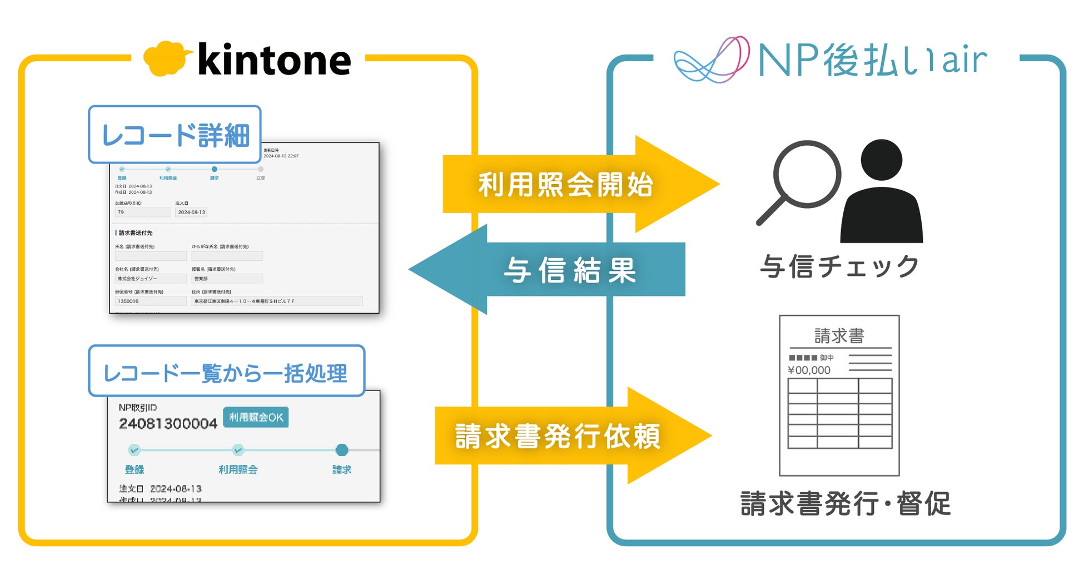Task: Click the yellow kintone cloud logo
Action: pyautogui.click(x=166, y=58)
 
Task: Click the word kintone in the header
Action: pyautogui.click(x=274, y=60)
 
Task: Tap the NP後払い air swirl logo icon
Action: pyautogui.click(x=712, y=60)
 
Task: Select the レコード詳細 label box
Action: pyautogui.click(x=175, y=135)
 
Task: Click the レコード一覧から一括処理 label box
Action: pyautogui.click(x=226, y=372)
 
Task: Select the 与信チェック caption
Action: pyautogui.click(x=839, y=267)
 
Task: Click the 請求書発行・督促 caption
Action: pyautogui.click(x=845, y=504)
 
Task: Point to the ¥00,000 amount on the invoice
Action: pyautogui.click(x=809, y=370)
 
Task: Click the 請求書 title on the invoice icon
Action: pyautogui.click(x=839, y=336)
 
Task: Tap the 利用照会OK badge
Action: pyautogui.click(x=256, y=417)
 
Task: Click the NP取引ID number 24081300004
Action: pyautogui.click(x=168, y=424)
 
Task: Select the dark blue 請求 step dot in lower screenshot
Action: pyautogui.click(x=342, y=450)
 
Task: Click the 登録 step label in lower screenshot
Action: pyautogui.click(x=135, y=469)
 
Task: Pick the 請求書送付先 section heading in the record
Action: pyautogui.click(x=135, y=233)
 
